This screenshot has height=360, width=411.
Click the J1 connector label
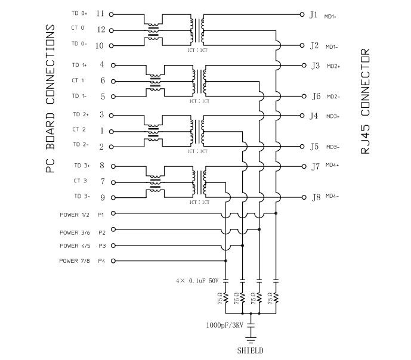pyautogui.click(x=314, y=14)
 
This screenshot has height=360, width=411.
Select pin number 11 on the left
pyautogui.click(x=100, y=13)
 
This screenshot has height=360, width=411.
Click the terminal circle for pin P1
pyautogui.click(x=113, y=213)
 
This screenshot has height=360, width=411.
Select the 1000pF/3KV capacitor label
pyautogui.click(x=224, y=325)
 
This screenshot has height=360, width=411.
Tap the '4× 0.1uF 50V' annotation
pyautogui.click(x=197, y=280)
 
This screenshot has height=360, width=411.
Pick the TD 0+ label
pyautogui.click(x=79, y=14)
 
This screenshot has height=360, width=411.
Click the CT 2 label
pyautogui.click(x=79, y=129)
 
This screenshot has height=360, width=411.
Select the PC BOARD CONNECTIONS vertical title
pyautogui.click(x=51, y=99)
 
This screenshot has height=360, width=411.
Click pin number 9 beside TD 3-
pyautogui.click(x=102, y=197)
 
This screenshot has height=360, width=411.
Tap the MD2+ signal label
pyautogui.click(x=333, y=67)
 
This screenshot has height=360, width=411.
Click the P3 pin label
pyautogui.click(x=101, y=246)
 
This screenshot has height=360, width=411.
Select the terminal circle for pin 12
pyautogui.click(x=113, y=29)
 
